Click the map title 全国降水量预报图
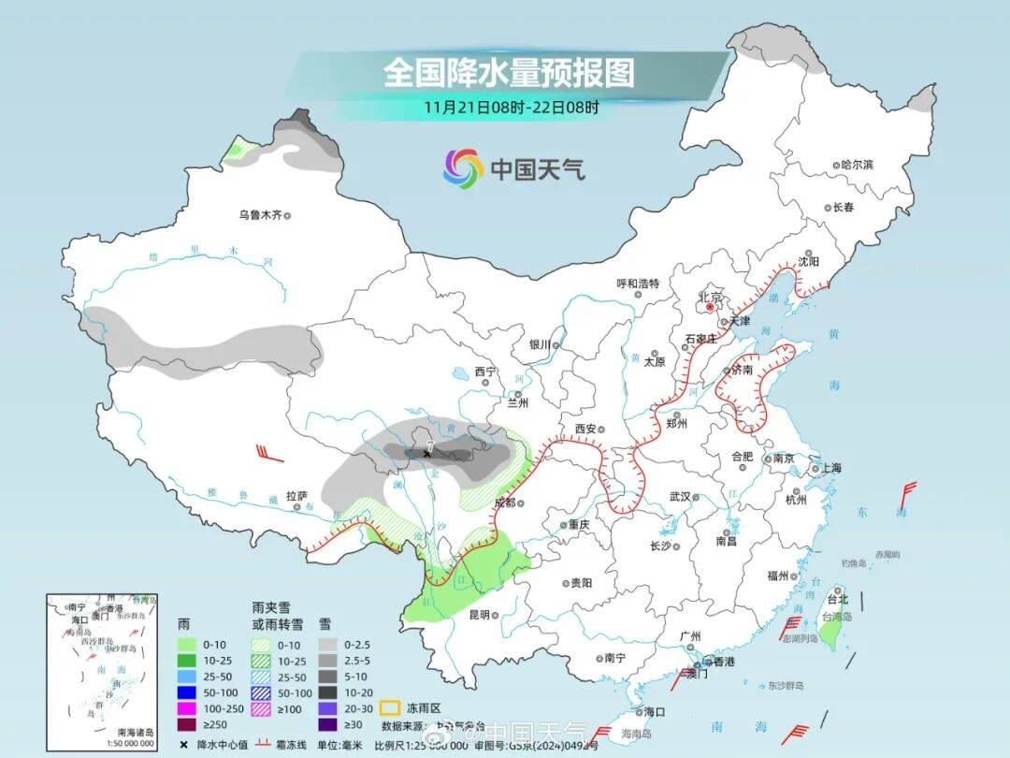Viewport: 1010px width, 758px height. [x=509, y=73]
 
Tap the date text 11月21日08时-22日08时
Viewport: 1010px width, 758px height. [x=511, y=106]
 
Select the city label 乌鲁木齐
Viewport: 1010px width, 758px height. [x=259, y=215]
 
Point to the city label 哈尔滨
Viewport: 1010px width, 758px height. [x=856, y=165]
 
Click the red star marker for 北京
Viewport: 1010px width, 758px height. [x=711, y=306]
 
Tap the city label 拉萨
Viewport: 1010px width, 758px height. [x=296, y=496]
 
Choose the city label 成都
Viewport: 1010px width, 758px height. [x=504, y=503]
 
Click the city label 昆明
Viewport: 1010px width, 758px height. [x=479, y=615]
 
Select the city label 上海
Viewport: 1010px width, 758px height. [x=829, y=468]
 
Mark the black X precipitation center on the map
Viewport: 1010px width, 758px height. [x=427, y=454]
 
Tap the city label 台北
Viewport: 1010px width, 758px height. [x=838, y=599]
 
